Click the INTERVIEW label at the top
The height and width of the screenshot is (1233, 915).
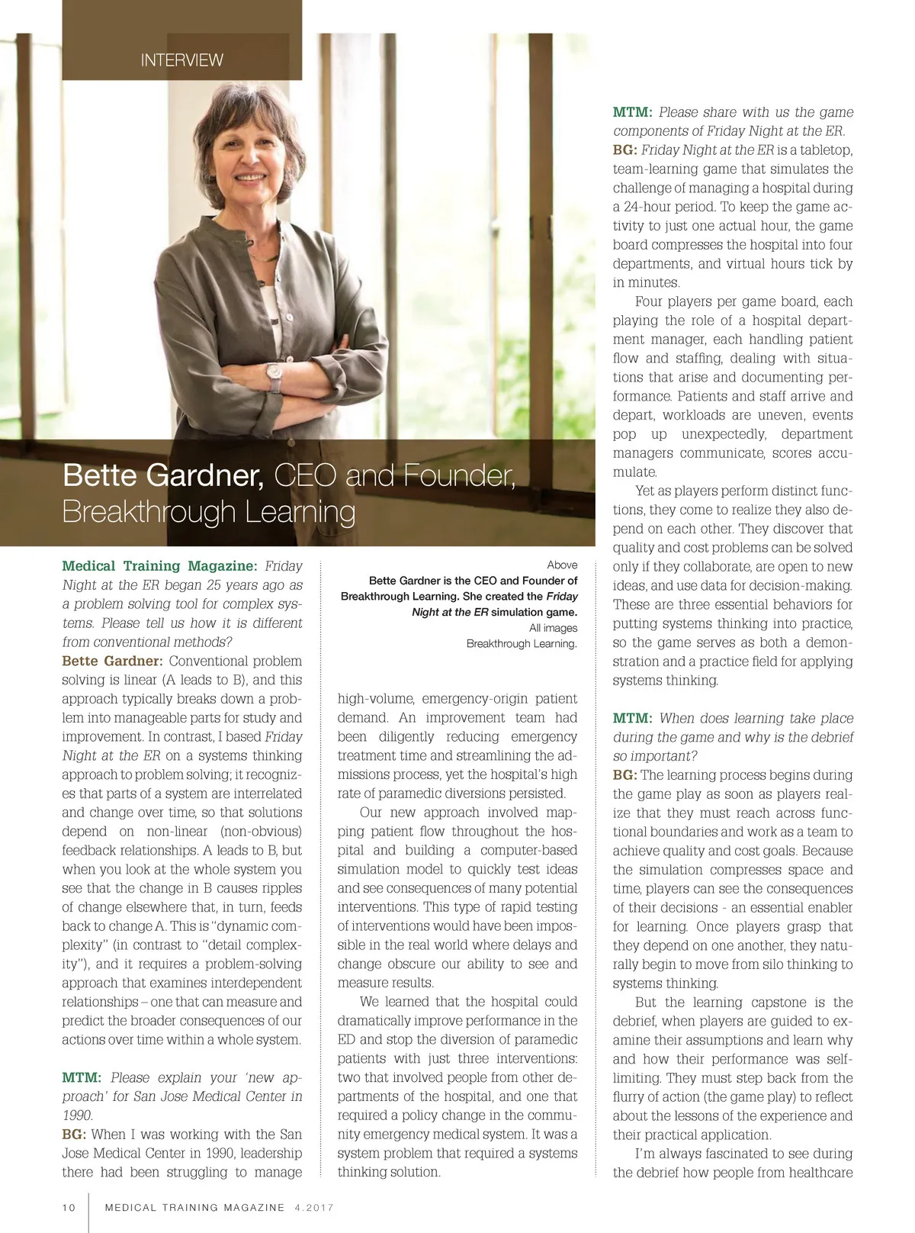(x=181, y=60)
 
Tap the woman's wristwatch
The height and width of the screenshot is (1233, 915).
(x=274, y=374)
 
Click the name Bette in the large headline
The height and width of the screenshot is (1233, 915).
(x=101, y=475)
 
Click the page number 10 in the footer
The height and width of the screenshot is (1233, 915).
(x=69, y=1207)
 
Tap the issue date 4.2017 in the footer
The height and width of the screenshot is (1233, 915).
(x=313, y=1207)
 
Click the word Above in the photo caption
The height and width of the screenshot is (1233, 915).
(x=562, y=565)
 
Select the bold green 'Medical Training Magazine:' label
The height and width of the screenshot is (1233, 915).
(x=159, y=566)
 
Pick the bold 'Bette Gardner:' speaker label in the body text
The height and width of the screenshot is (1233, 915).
(x=112, y=661)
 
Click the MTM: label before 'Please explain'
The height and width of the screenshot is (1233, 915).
(x=82, y=1077)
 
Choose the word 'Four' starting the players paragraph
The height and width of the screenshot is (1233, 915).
(x=650, y=301)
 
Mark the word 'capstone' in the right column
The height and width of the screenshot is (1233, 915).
(x=778, y=1002)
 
